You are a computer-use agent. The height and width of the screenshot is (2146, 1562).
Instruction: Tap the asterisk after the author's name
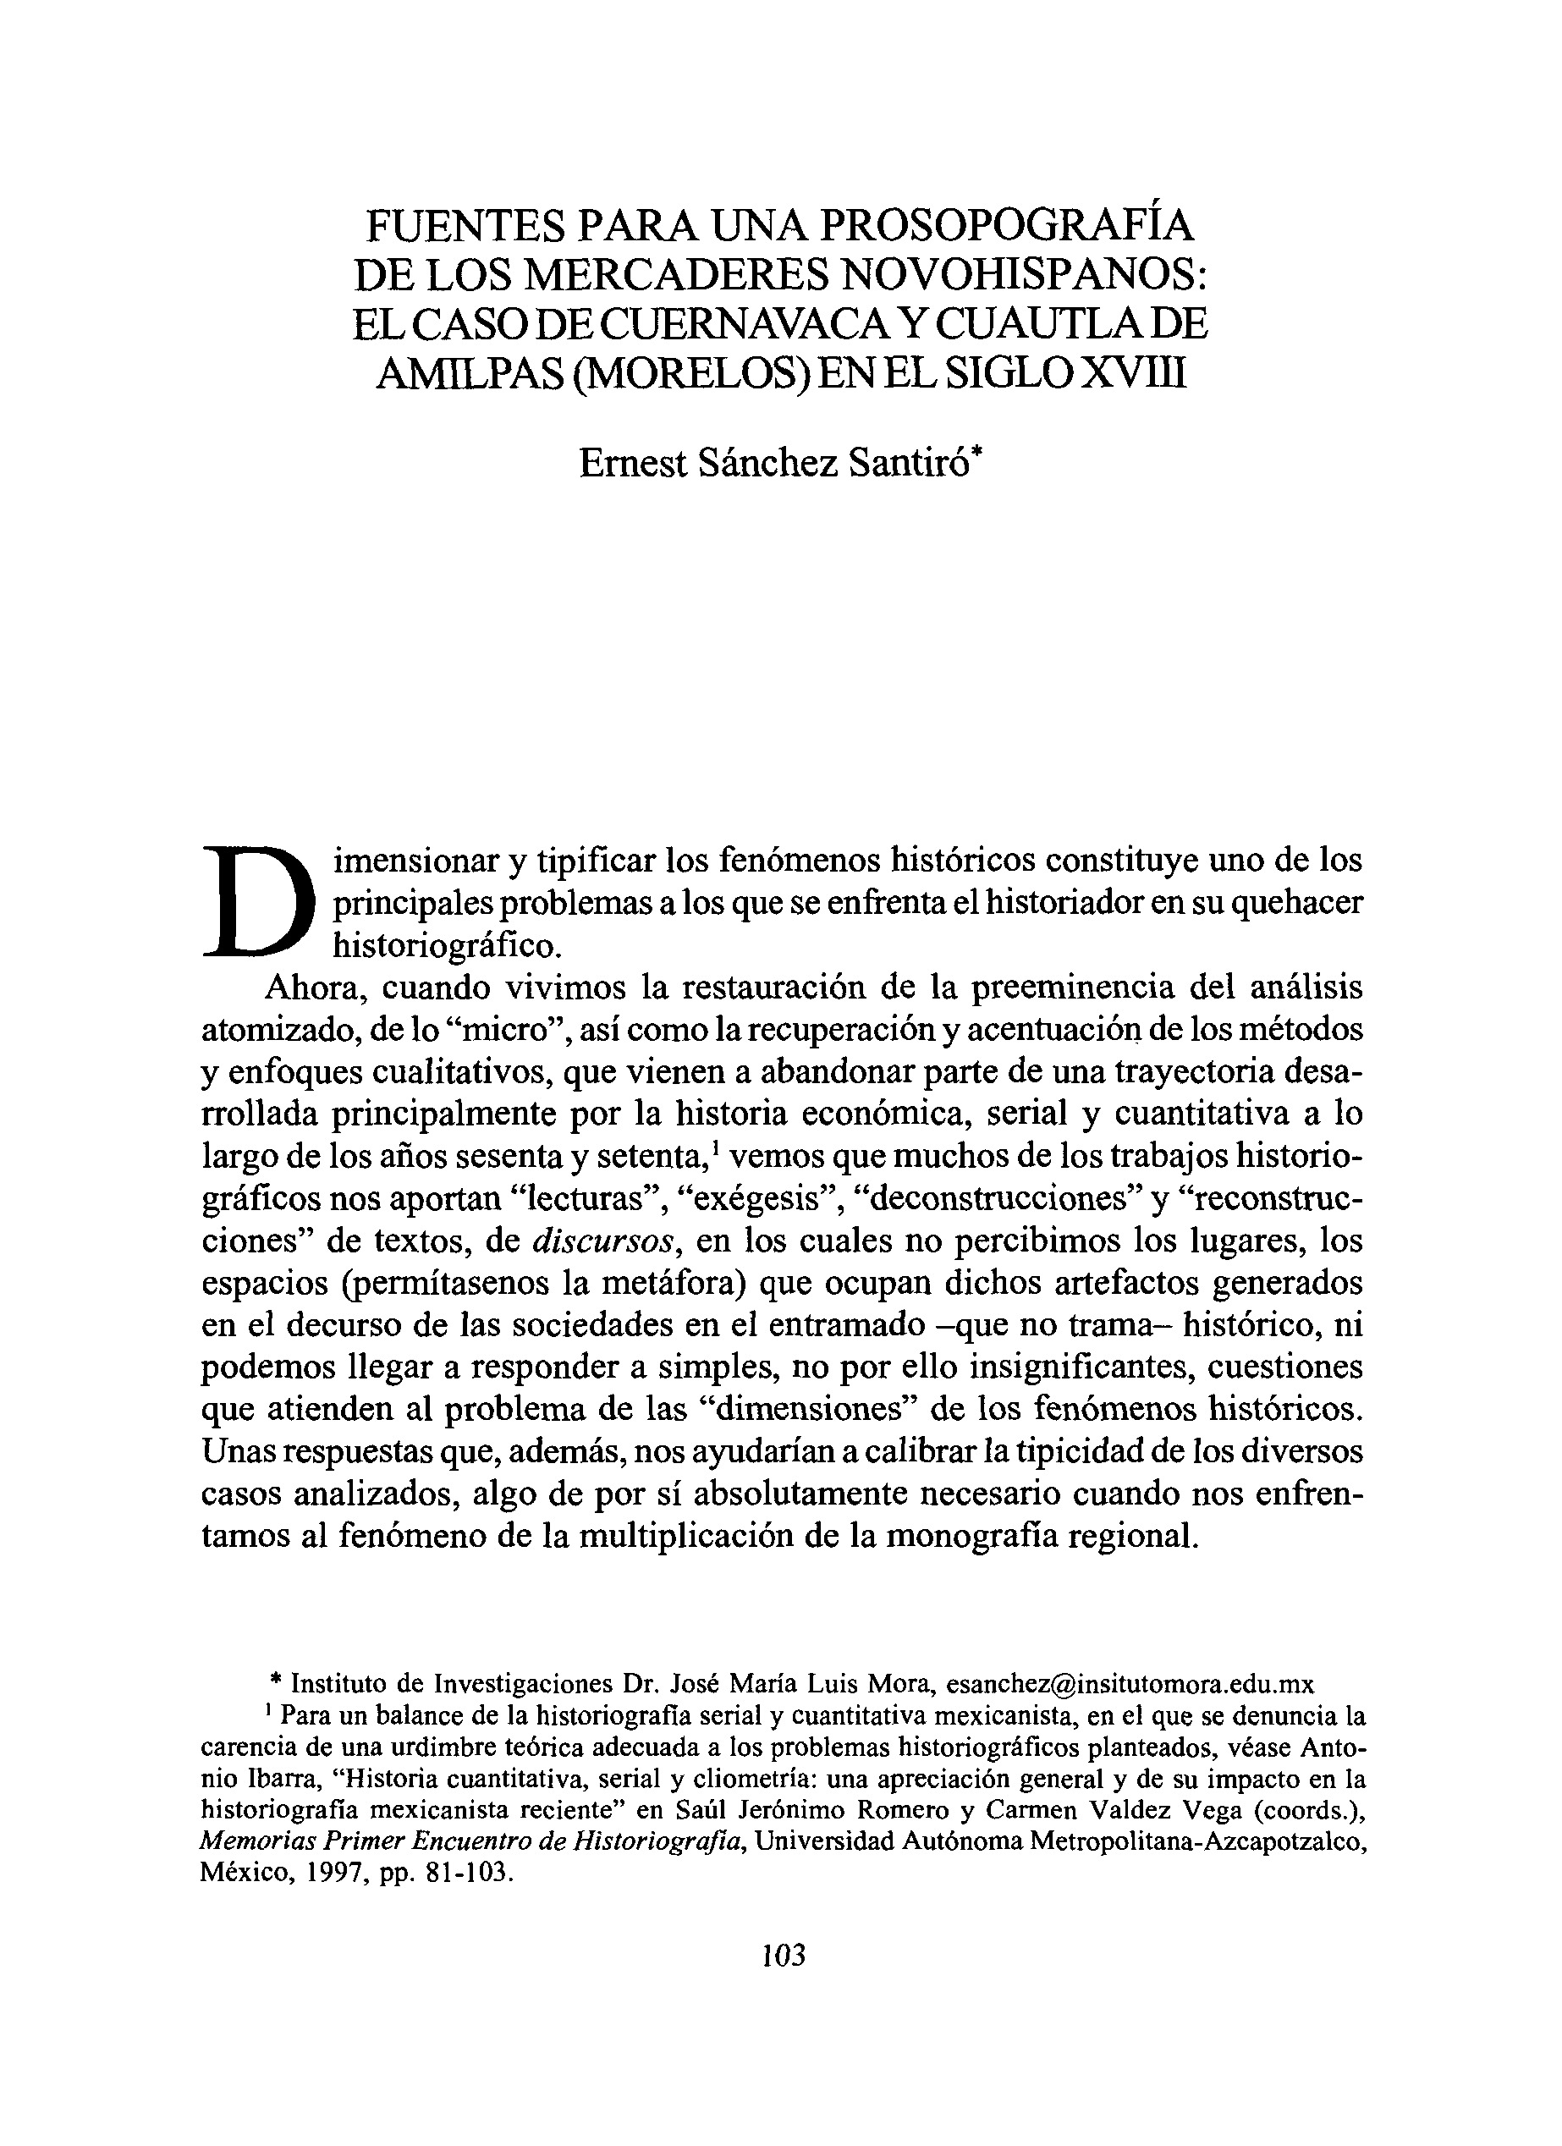(x=977, y=452)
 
